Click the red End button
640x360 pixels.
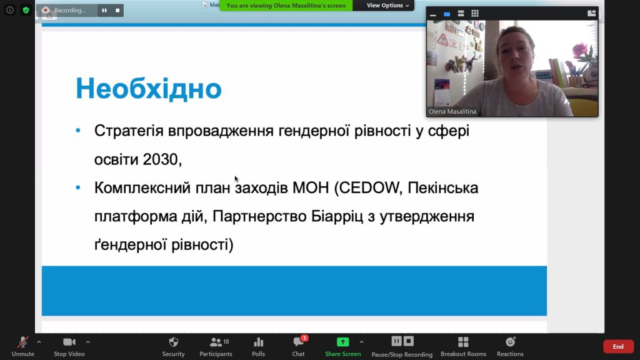[x=618, y=346]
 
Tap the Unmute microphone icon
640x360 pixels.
[x=23, y=342]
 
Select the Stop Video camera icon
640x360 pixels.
[x=69, y=342]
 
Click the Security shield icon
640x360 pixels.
[x=174, y=342]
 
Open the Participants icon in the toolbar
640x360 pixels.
[x=216, y=342]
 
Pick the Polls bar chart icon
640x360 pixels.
[x=258, y=342]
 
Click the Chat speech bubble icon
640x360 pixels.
[x=298, y=342]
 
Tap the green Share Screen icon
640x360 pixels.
[x=343, y=342]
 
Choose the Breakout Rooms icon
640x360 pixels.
[x=463, y=342]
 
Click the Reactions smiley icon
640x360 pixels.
[x=510, y=342]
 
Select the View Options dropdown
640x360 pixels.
[x=387, y=5]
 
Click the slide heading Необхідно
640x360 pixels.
[x=149, y=88]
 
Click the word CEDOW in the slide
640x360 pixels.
[x=370, y=187]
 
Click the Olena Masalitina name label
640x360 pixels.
[x=452, y=111]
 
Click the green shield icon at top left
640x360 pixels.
[x=26, y=10]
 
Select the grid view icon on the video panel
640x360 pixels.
[x=475, y=14]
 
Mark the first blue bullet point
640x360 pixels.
[x=78, y=131]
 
